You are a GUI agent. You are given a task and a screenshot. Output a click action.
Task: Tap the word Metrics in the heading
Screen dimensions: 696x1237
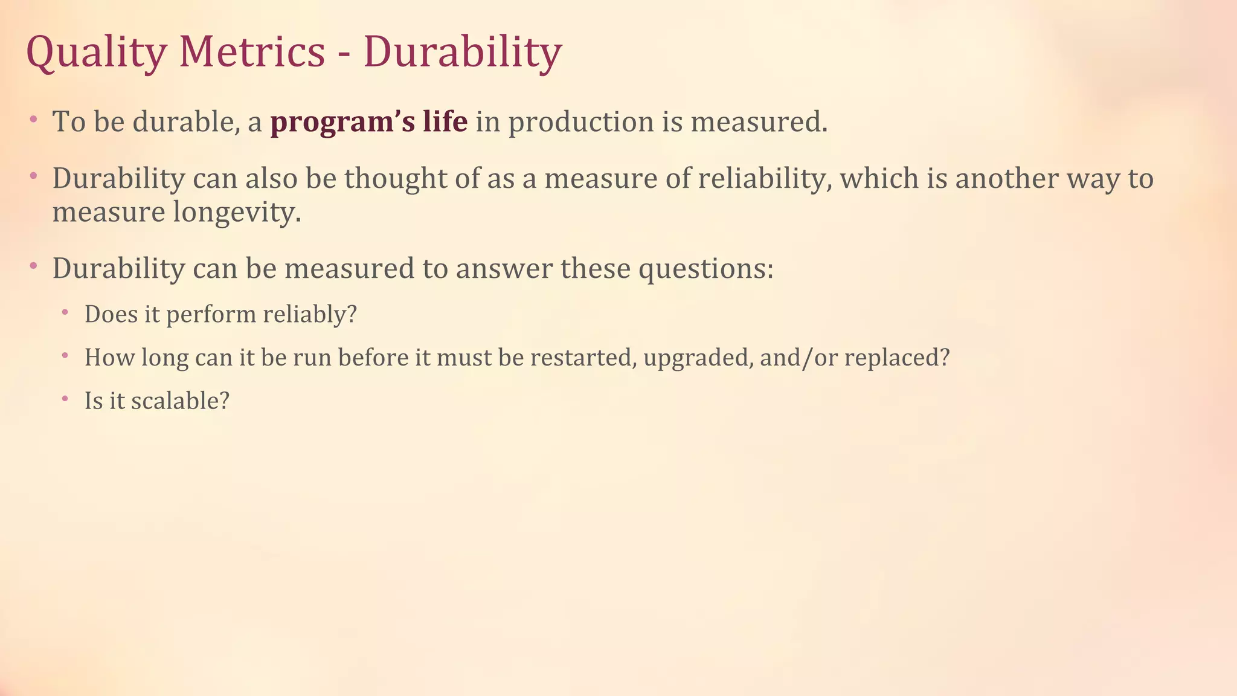click(x=252, y=52)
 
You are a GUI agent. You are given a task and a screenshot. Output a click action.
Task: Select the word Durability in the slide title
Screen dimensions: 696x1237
click(x=462, y=53)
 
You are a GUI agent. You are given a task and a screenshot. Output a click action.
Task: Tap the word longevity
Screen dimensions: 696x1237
click(x=237, y=213)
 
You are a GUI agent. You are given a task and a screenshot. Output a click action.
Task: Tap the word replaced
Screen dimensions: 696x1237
click(x=896, y=358)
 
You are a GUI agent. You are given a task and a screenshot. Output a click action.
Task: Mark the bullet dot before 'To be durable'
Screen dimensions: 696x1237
click(x=33, y=121)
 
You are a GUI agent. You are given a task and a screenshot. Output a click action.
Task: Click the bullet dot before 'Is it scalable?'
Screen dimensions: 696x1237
click(x=65, y=399)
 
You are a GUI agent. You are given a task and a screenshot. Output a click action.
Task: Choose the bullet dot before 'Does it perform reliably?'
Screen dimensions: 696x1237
click(x=65, y=312)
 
